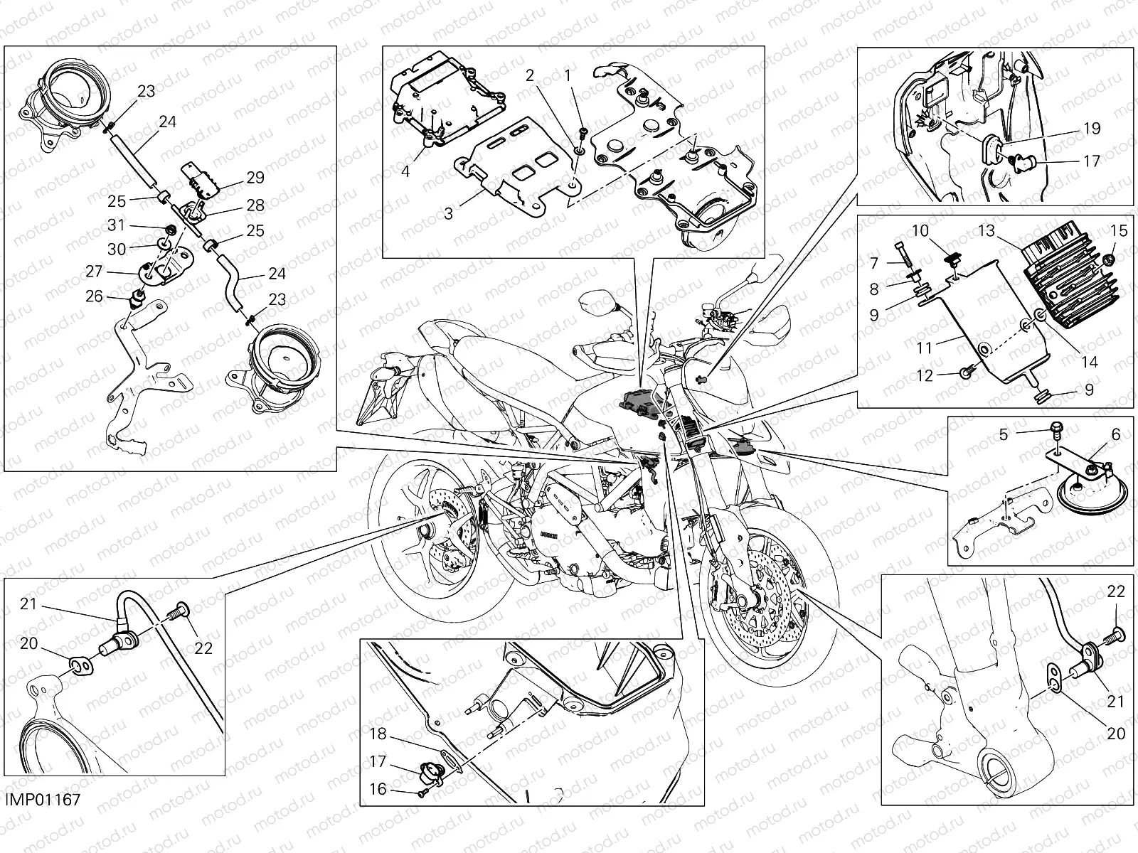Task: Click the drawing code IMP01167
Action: pos(42,800)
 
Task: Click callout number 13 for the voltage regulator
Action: pos(986,231)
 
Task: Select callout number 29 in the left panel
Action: pos(255,177)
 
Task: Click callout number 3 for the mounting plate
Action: pos(448,213)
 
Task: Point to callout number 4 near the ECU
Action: pos(404,151)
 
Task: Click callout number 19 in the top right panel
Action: pos(1092,129)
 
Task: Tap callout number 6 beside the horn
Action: pos(1115,434)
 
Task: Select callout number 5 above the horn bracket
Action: pos(1004,434)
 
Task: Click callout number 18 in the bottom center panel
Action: pos(378,734)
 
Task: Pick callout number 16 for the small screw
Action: pos(378,789)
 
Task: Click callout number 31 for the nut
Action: pos(117,225)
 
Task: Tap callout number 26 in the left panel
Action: pos(94,296)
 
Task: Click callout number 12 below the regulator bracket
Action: pos(925,377)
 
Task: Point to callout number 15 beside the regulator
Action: pos(1119,231)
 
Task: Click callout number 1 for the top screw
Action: pos(567,75)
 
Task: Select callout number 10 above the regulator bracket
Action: pos(920,231)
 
